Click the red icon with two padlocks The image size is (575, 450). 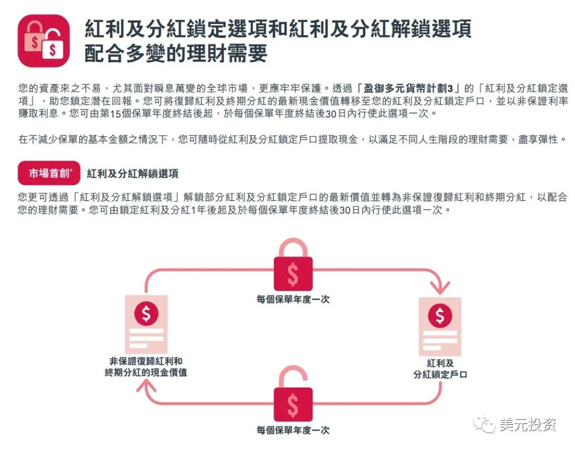click(x=44, y=41)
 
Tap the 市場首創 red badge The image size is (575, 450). click(x=49, y=173)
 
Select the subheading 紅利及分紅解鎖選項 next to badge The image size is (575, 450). click(x=133, y=174)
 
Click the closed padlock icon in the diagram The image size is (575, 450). click(x=293, y=267)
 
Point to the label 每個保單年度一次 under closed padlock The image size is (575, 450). click(x=293, y=300)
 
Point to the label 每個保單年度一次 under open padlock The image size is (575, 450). click(x=293, y=430)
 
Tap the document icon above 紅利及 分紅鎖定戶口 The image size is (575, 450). click(x=440, y=326)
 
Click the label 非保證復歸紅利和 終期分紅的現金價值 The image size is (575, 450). click(x=146, y=367)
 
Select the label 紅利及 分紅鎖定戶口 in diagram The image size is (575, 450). click(x=440, y=369)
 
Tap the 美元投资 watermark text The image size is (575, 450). click(x=528, y=425)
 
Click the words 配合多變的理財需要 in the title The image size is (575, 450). click(x=176, y=54)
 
